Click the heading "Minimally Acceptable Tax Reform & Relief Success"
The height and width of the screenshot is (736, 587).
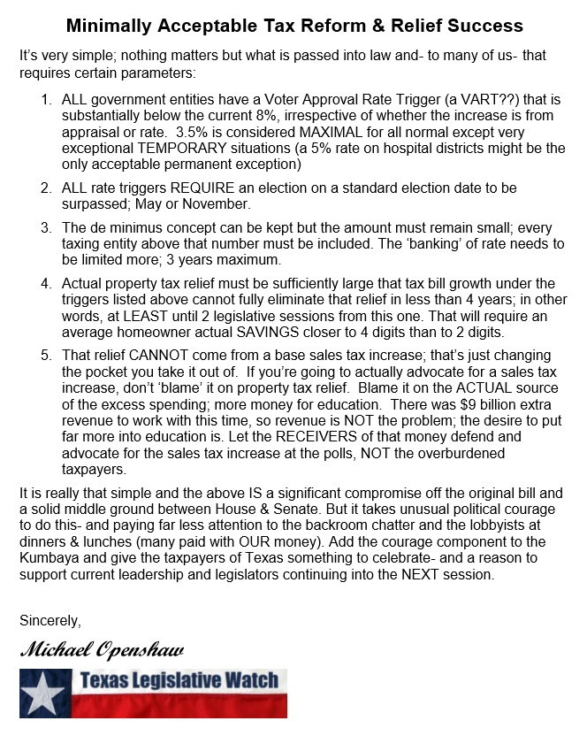click(294, 26)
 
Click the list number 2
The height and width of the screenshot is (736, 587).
click(45, 188)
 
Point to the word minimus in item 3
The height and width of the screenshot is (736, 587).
click(133, 228)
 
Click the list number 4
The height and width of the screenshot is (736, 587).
click(45, 283)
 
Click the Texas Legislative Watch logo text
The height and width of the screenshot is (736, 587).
click(180, 681)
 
